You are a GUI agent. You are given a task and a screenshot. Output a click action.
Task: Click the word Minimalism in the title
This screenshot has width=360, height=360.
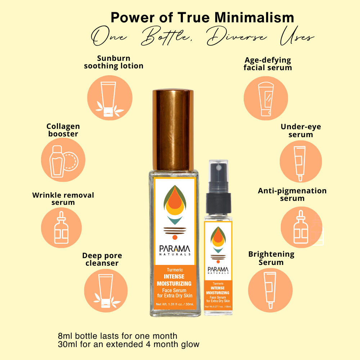tap(254, 17)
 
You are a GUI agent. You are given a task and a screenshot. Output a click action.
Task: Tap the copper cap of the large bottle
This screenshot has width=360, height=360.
tap(173, 130)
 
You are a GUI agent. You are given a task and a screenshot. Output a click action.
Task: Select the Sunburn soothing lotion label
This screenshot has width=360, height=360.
tap(114, 62)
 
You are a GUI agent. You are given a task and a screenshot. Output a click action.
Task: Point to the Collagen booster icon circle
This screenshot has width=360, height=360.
tap(63, 160)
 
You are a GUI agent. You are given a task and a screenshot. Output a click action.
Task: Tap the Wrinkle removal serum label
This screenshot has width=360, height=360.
tap(63, 199)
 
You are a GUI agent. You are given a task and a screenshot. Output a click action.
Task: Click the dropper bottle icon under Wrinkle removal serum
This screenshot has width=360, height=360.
tap(61, 228)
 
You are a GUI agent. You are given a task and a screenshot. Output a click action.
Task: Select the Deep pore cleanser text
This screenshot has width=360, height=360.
tap(102, 259)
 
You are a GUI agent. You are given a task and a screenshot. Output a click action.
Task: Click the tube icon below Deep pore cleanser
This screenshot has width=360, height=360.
tap(106, 291)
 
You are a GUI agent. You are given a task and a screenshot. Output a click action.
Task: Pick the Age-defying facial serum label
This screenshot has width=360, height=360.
tap(268, 64)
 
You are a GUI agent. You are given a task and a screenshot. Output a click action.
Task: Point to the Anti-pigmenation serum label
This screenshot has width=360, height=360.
tap(292, 194)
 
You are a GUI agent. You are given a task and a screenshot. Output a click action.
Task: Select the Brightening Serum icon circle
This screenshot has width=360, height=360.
tap(270, 290)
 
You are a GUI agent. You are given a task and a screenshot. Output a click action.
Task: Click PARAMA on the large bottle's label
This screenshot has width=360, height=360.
tap(175, 249)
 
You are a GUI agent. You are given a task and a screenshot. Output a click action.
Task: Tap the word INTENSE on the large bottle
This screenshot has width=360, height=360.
tap(174, 276)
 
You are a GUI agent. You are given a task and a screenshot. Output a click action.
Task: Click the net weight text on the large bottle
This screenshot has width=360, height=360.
tap(175, 304)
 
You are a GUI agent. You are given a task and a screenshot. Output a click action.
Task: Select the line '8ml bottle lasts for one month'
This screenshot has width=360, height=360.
tap(118, 336)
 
